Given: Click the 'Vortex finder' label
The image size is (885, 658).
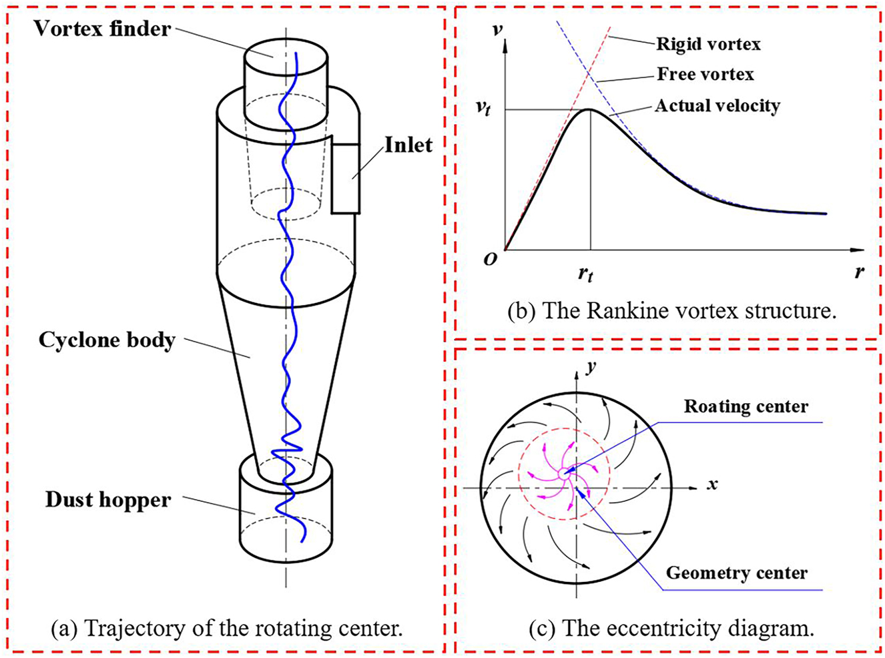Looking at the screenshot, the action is [103, 29].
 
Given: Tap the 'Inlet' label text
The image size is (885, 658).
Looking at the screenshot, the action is [408, 145].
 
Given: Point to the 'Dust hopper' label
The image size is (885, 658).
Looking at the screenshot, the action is [108, 501].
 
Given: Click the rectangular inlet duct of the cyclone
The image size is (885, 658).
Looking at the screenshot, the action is [346, 178].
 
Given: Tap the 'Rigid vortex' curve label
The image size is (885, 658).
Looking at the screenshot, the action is [709, 44].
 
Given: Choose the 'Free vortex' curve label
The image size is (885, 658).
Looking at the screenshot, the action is [705, 74].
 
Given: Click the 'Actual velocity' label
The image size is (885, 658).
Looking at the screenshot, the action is [717, 105].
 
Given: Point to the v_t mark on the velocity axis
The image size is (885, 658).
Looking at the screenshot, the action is [483, 109].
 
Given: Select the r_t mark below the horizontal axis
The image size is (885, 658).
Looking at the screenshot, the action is [585, 274].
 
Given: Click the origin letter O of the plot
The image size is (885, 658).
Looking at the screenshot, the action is [491, 260].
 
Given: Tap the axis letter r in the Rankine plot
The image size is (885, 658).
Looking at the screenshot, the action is [860, 272].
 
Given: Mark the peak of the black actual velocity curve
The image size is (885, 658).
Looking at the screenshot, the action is [589, 109].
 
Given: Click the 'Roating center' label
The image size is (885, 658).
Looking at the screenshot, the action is [746, 406].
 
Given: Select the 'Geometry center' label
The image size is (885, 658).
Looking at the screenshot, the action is [737, 573].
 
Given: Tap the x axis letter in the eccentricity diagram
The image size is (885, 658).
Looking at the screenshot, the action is [712, 484].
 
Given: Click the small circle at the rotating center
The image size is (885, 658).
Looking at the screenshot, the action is [563, 474].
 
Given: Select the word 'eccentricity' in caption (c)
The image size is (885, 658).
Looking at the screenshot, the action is [641, 629].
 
